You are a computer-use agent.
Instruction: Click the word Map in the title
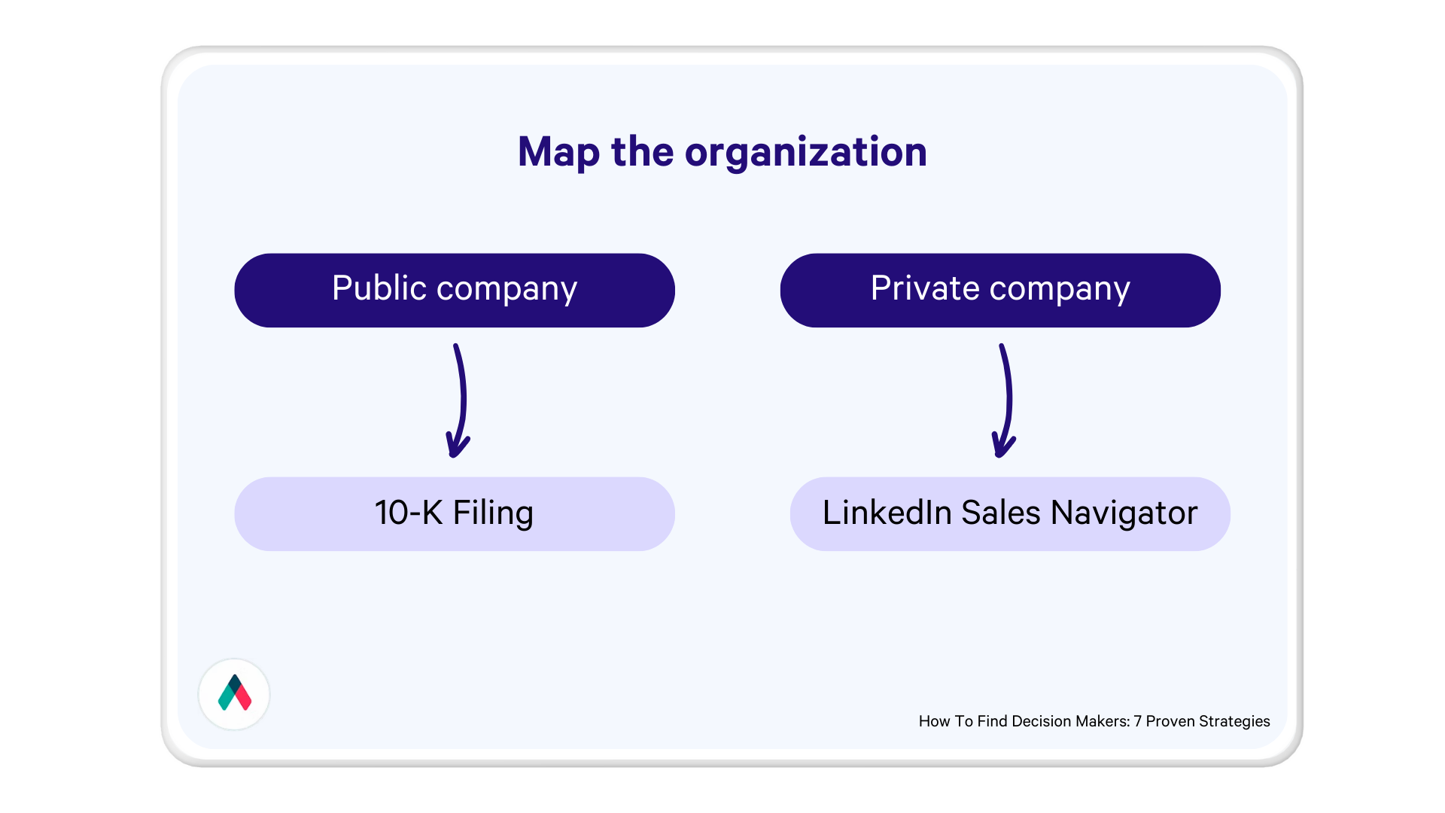[x=558, y=153]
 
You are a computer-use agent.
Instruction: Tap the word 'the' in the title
[x=642, y=151]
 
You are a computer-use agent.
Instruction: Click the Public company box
[x=455, y=291]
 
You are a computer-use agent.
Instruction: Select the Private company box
[x=1000, y=291]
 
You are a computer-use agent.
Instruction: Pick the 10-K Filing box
[x=455, y=514]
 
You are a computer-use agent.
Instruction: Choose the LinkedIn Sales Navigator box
[x=1010, y=514]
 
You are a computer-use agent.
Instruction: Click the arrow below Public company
[x=458, y=400]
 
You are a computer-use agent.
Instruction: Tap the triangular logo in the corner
[x=234, y=693]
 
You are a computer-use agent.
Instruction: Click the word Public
[x=379, y=288]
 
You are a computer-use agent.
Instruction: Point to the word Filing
[x=493, y=514]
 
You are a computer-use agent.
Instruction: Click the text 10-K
[x=408, y=513]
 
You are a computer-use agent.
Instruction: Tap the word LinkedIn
[x=887, y=513]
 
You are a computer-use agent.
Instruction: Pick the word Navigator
[x=1124, y=514]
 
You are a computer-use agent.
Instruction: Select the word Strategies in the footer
[x=1234, y=721]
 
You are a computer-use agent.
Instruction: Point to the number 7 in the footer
[x=1138, y=721]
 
